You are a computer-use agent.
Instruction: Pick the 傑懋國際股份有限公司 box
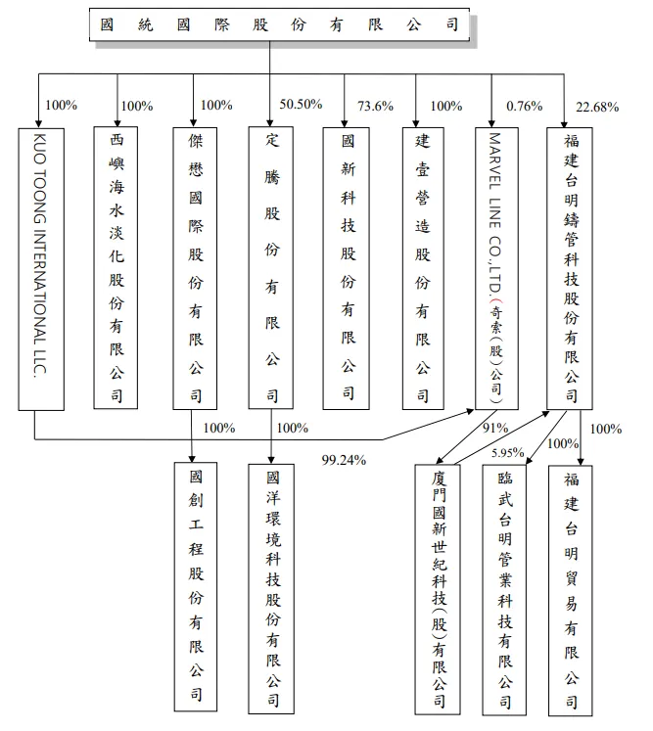tap(195, 267)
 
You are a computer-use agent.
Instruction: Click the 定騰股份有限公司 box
tap(271, 267)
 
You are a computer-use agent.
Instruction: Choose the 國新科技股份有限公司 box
tap(348, 267)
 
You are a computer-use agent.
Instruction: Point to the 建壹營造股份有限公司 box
tap(423, 267)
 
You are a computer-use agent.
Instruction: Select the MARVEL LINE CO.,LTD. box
tap(496, 267)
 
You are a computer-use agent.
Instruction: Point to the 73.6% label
tap(375, 107)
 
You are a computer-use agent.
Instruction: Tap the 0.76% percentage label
tap(524, 107)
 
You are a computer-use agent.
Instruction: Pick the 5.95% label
tap(507, 451)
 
